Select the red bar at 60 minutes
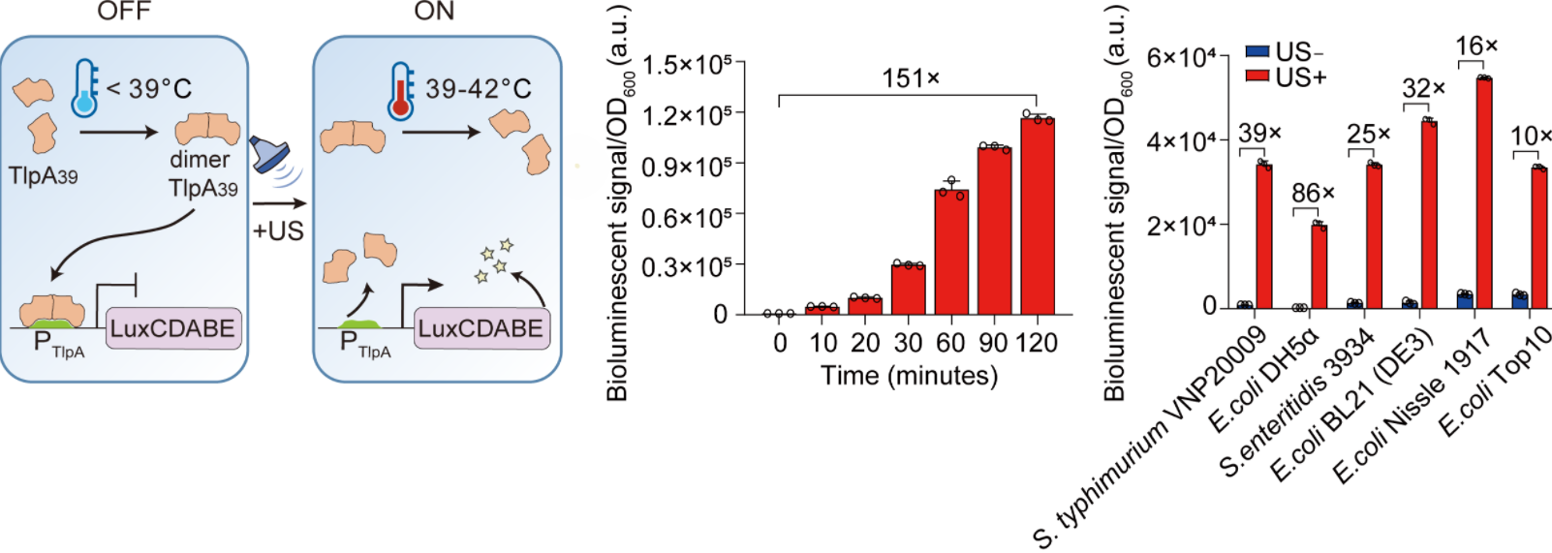coord(951,253)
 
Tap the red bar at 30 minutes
coord(909,290)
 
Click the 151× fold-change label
coord(911,78)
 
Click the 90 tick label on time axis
coord(994,343)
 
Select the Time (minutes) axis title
coord(909,376)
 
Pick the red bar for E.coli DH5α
coord(1319,266)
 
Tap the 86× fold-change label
coord(1313,194)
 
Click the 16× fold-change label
coord(1476,46)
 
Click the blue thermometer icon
coord(85,88)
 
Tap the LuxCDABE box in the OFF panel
coord(172,328)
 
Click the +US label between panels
coord(278,231)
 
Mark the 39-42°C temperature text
coord(479,89)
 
